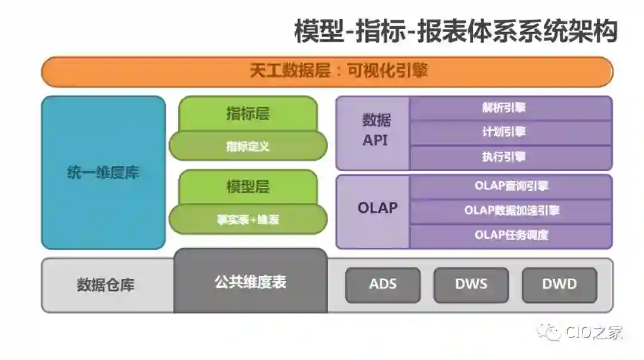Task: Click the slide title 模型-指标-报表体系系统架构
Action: pos(455,31)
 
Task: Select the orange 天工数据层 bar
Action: pos(327,72)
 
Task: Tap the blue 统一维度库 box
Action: pos(103,173)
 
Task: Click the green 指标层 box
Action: pos(247,114)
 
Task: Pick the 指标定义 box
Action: pos(248,146)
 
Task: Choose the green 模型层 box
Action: pos(247,187)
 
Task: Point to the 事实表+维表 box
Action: pos(248,219)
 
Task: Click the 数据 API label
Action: pos(376,131)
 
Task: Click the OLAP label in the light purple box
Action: pos(377,208)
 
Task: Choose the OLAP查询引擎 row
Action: pos(510,186)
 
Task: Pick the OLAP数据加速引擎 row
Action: pos(510,210)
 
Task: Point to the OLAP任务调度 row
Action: pos(510,235)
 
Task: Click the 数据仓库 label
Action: pos(106,285)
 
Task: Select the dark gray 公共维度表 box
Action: pos(250,282)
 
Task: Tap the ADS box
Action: pos(383,284)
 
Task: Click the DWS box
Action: pos(471,284)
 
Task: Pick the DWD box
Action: pos(559,284)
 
